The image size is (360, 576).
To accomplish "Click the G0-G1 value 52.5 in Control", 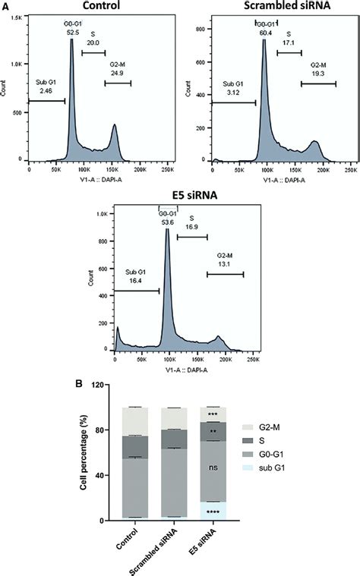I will [73, 33].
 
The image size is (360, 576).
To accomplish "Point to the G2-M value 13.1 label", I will [220, 264].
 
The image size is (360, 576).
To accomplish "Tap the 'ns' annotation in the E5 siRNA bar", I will [213, 468].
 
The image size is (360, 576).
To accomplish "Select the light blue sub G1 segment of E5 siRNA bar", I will [213, 510].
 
